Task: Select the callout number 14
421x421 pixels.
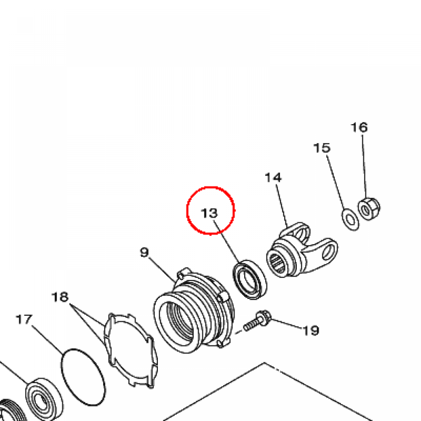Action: pyautogui.click(x=273, y=178)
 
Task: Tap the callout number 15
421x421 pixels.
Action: pyautogui.click(x=322, y=148)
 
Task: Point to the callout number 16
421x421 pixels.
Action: pyautogui.click(x=359, y=127)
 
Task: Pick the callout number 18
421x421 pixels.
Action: pyautogui.click(x=60, y=297)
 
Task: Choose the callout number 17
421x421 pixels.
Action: pyautogui.click(x=24, y=319)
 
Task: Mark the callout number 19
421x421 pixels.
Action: pyautogui.click(x=311, y=330)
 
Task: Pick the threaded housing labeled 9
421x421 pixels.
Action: pyautogui.click(x=193, y=312)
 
